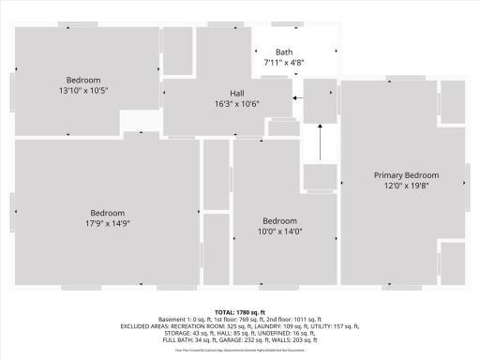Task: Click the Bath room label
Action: (x=284, y=52)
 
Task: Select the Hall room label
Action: (x=238, y=94)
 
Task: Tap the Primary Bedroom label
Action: (x=406, y=175)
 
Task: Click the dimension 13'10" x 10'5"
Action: (x=82, y=90)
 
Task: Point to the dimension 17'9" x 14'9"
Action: (x=108, y=223)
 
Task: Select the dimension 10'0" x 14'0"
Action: (x=279, y=231)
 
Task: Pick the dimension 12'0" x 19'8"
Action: (x=406, y=186)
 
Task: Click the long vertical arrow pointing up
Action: (x=321, y=142)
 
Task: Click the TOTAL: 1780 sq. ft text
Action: (x=240, y=311)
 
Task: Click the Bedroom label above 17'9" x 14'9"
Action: (x=108, y=213)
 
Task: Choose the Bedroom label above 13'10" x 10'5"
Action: (x=82, y=80)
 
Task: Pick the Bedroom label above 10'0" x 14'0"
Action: (x=279, y=220)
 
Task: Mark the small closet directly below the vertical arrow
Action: (x=320, y=176)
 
